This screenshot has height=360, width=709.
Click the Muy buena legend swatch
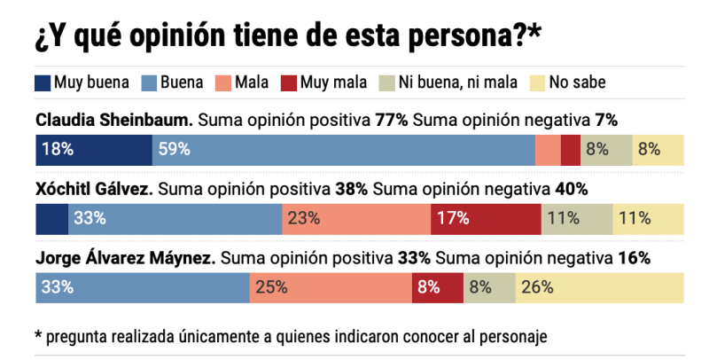pos(43,83)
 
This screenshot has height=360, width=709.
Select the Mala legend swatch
pos(223,83)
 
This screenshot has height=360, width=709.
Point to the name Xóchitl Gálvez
pos(94,190)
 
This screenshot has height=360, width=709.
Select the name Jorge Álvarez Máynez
pos(125,259)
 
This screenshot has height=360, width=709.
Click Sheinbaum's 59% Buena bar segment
pos(343,149)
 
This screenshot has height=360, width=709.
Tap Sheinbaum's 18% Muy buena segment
pos(93,149)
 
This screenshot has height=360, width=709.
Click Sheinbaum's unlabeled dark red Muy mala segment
pos(571,149)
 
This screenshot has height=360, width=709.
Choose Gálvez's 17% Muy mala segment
pos(486,218)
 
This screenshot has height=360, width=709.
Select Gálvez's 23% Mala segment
pos(356,218)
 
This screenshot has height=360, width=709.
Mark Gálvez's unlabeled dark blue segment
pos(51,218)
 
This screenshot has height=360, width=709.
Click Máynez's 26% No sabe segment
pos(600,287)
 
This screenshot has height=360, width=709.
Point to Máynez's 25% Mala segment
pos(331,287)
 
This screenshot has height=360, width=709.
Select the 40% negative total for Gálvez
pos(571,190)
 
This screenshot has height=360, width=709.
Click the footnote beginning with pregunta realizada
pos(289,336)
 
